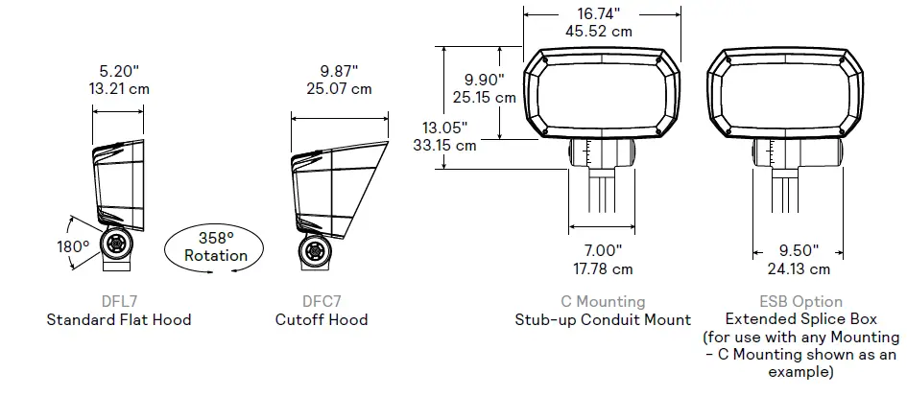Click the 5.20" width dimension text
(118, 71)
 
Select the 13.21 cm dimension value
(118, 89)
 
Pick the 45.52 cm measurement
(599, 31)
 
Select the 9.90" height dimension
(484, 79)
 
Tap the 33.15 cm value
(444, 146)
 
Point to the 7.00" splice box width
(602, 250)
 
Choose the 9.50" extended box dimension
(799, 250)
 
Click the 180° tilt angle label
(72, 246)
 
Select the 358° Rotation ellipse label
(215, 246)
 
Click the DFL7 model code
(118, 302)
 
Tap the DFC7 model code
(322, 302)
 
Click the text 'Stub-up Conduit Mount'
(602, 320)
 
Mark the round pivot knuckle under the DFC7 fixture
(314, 251)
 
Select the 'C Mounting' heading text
(602, 302)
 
